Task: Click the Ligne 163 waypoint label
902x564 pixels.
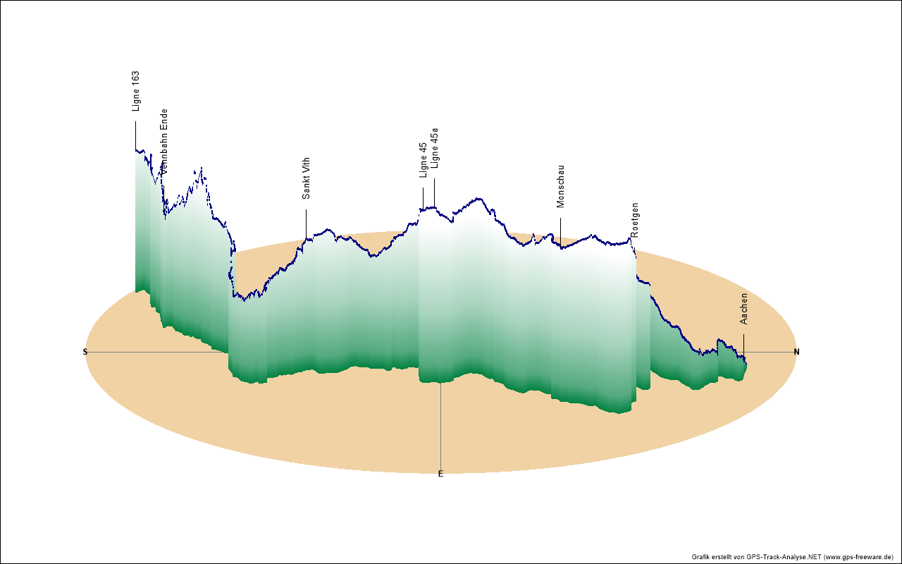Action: click(x=136, y=91)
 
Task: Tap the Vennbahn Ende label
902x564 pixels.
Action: click(x=163, y=141)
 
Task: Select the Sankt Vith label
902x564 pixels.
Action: click(x=306, y=178)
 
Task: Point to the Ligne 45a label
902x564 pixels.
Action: click(x=434, y=148)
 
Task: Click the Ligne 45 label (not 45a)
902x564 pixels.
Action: click(x=423, y=160)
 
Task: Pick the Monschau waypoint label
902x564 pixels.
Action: click(x=561, y=186)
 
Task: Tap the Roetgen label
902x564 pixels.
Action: click(x=635, y=219)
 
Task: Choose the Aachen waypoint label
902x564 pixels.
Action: click(x=743, y=309)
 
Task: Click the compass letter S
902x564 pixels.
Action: click(x=85, y=352)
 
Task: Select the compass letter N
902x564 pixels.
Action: click(x=797, y=352)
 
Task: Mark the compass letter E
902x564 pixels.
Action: click(x=441, y=474)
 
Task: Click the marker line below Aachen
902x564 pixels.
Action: click(x=743, y=344)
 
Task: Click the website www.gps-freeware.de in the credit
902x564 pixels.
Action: click(x=859, y=557)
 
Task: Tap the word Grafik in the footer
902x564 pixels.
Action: click(x=702, y=557)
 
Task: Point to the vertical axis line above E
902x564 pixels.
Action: click(x=441, y=423)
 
